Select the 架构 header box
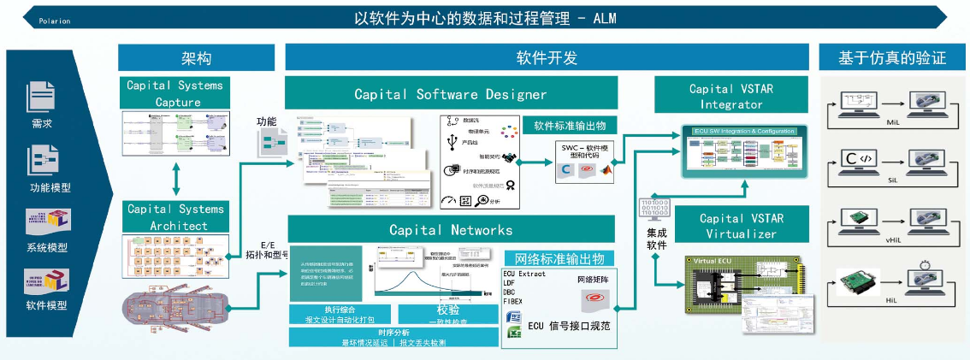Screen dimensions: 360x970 click(x=196, y=57)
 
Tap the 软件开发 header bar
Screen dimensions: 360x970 click(x=547, y=57)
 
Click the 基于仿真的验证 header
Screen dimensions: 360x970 click(x=892, y=57)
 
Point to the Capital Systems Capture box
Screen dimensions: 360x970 click(x=176, y=93)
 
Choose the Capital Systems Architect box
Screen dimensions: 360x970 click(x=174, y=217)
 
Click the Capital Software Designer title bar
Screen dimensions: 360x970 click(x=450, y=93)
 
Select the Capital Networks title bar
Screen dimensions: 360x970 click(x=451, y=229)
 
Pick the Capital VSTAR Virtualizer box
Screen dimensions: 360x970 click(x=730, y=225)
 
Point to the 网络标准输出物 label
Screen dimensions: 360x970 click(x=559, y=258)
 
